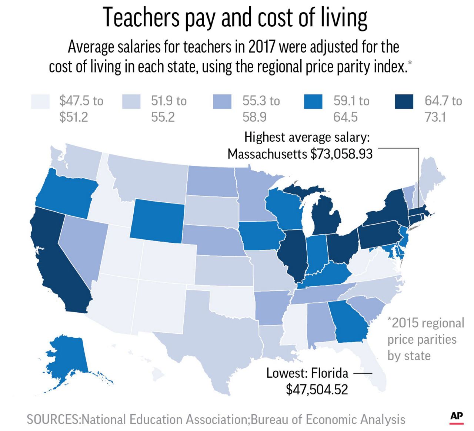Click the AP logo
coord(457,417)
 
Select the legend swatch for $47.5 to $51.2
coord(41,102)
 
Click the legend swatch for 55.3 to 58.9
coord(222,102)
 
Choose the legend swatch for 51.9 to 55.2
coord(131,102)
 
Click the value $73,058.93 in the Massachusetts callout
coord(341,154)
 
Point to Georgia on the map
coord(348,322)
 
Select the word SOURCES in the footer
coord(53,420)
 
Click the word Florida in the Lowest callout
coord(330,373)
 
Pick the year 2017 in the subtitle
coord(262,47)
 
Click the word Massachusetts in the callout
coord(267,154)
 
